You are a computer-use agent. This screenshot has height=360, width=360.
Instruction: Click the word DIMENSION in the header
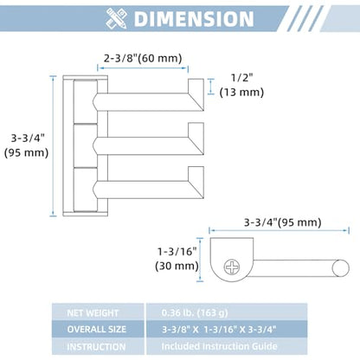pyautogui.click(x=194, y=19)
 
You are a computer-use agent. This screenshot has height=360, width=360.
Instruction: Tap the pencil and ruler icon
pyautogui.click(x=116, y=18)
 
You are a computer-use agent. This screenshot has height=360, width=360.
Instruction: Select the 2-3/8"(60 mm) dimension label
pyautogui.click(x=143, y=58)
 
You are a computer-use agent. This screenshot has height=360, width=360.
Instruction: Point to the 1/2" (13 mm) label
pyautogui.click(x=241, y=85)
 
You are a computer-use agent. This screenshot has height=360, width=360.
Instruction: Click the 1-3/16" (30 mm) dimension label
pyautogui.click(x=177, y=259)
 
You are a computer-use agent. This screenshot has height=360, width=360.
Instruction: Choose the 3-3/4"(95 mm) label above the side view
pyautogui.click(x=282, y=222)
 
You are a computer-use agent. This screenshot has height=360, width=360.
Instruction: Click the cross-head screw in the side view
pyautogui.click(x=232, y=267)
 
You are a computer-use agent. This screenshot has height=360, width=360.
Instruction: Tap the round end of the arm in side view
pyautogui.click(x=340, y=268)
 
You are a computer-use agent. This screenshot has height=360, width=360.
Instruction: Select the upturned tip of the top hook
pyautogui.click(x=196, y=86)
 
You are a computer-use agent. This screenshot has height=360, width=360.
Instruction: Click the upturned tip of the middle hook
pyautogui.click(x=196, y=130)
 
